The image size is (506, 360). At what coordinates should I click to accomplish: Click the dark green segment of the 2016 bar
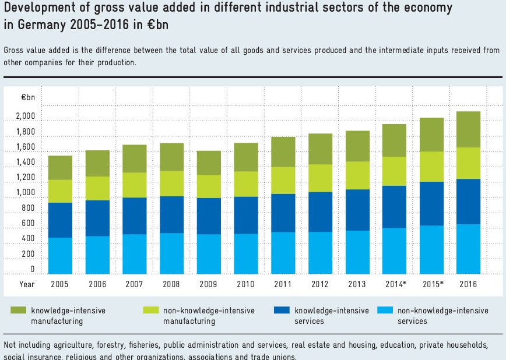tap(468, 129)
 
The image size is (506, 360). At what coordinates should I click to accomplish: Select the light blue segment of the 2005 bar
tap(60, 255)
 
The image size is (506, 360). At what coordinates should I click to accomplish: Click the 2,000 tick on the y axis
tap(26, 117)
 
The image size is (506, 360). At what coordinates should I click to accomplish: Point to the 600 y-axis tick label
tap(29, 224)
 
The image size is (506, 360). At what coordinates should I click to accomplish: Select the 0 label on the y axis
tap(33, 270)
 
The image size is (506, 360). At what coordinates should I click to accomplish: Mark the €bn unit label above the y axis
tap(29, 98)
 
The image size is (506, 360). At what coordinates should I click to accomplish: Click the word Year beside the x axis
tap(27, 284)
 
